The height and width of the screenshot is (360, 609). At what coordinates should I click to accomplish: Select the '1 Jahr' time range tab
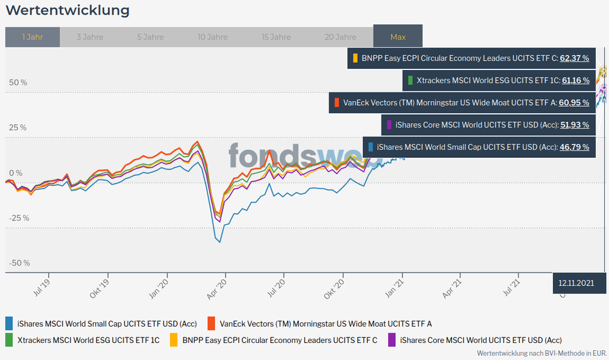point(32,37)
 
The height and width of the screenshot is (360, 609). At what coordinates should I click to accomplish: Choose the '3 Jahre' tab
point(90,37)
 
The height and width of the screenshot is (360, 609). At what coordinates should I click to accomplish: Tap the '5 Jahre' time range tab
point(150,37)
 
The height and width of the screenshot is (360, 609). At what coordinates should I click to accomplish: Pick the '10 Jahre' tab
point(212,37)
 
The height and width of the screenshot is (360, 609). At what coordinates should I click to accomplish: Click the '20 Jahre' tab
point(340,37)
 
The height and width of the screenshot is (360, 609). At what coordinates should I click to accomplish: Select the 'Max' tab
point(397,37)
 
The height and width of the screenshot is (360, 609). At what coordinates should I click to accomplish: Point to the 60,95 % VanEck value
point(574,102)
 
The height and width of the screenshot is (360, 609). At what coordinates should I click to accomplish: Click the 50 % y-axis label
point(18,82)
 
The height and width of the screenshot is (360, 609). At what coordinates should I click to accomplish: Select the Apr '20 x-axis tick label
point(217,286)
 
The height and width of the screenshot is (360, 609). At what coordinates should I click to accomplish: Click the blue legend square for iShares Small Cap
point(9,323)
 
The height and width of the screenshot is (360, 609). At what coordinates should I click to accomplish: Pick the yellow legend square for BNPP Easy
point(174,339)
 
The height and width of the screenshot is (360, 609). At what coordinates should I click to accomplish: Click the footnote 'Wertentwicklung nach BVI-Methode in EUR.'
point(541,353)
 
